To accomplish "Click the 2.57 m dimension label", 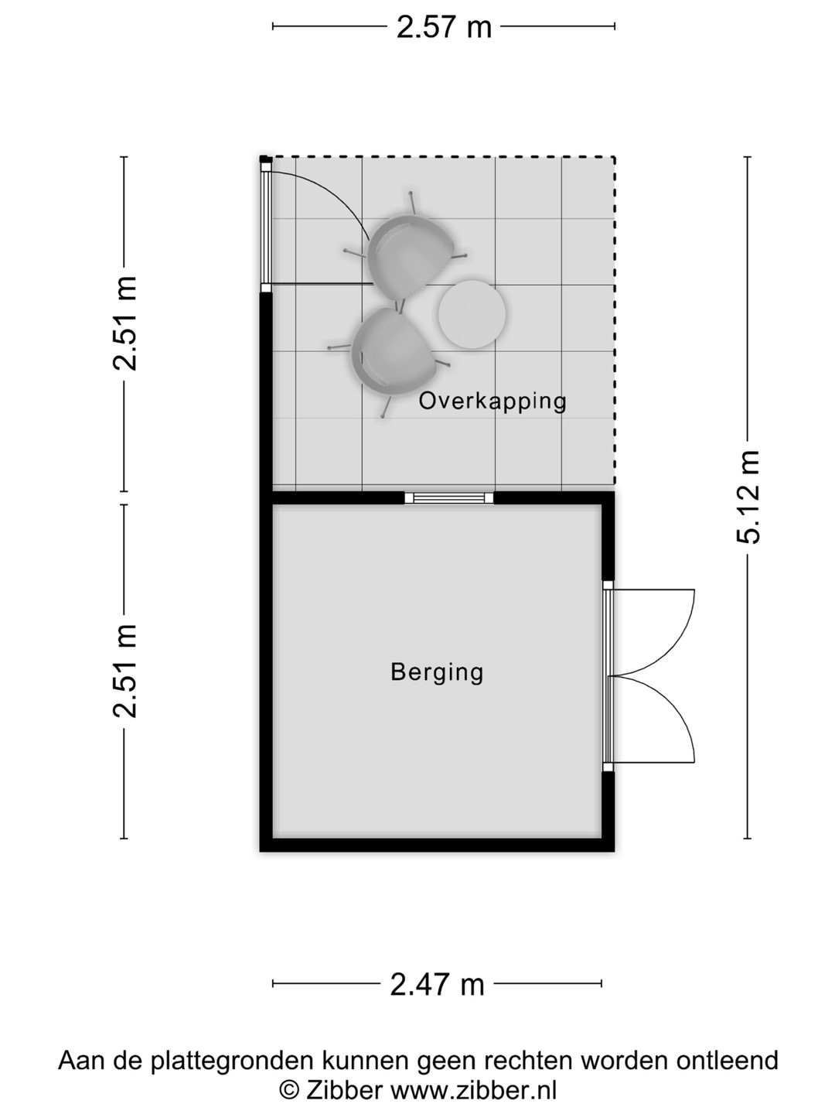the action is click(x=444, y=27).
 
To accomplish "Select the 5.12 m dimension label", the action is click(x=748, y=497).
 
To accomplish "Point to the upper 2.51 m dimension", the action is click(x=124, y=324).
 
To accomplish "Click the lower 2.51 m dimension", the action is click(x=124, y=671).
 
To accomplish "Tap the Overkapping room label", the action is click(x=492, y=402).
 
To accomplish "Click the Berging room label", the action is click(x=437, y=673).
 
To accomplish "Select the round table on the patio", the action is click(x=472, y=315).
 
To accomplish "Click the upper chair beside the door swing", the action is click(x=408, y=254).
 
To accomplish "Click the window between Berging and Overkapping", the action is click(x=448, y=498).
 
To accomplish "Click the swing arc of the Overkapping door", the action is click(x=337, y=191).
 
